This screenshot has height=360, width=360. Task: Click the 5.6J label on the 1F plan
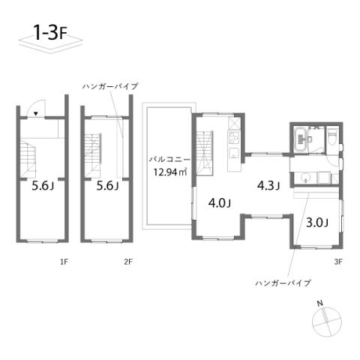[x=43, y=187]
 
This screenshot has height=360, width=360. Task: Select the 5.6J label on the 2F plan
[x=107, y=187]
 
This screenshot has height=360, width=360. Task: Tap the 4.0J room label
[x=219, y=202]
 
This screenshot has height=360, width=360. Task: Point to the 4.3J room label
[x=268, y=184]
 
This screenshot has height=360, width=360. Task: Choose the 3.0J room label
[x=317, y=222]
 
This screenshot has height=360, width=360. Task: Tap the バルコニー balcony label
[x=170, y=159]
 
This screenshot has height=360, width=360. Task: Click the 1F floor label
[x=64, y=262]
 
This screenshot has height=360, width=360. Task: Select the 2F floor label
[x=128, y=262]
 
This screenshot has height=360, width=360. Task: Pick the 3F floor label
[x=338, y=262]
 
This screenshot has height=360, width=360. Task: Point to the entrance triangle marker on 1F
[x=36, y=114]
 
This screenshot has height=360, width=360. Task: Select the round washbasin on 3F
[x=305, y=178]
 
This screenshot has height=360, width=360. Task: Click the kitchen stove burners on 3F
[x=232, y=139]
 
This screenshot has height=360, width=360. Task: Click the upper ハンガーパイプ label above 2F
[x=110, y=87]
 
